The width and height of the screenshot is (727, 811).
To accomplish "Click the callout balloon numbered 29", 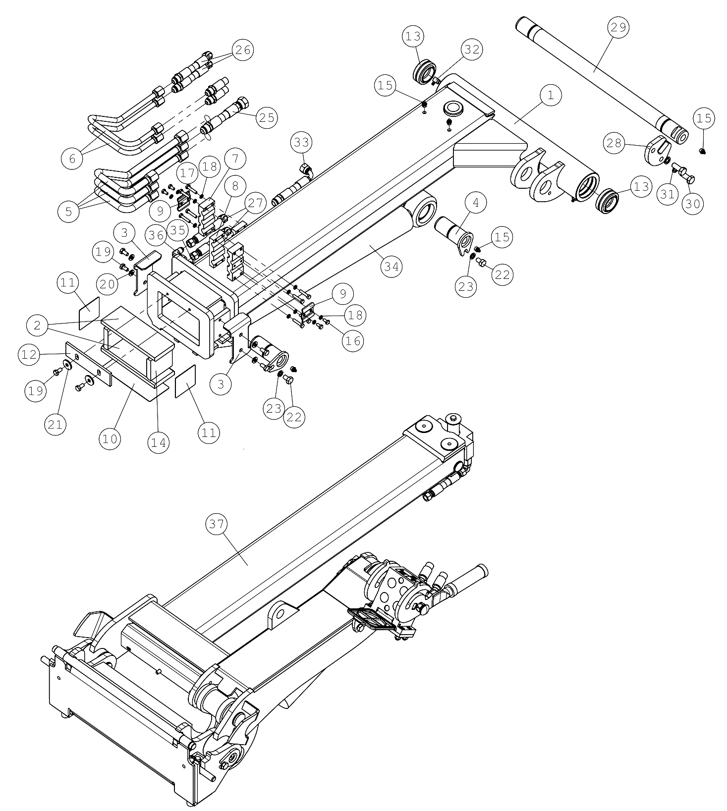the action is (x=618, y=28).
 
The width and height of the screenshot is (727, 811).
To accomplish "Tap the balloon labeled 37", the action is (x=217, y=525).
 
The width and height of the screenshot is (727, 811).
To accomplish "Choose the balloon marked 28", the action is (x=614, y=143).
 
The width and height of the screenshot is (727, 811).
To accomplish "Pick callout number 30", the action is (x=693, y=203).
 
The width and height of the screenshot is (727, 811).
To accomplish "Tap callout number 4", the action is (x=476, y=203).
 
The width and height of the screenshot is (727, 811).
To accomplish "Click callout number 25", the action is (x=266, y=117).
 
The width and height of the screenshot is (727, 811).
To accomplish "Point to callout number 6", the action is (x=72, y=158).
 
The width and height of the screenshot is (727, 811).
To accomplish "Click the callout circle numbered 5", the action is (x=68, y=212).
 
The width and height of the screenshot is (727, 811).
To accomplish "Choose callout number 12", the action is (x=30, y=355).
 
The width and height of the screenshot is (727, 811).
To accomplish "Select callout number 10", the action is (x=110, y=439).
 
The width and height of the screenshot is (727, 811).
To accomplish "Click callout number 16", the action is (x=354, y=340).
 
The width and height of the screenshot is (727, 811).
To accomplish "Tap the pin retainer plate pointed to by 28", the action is (x=657, y=150).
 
